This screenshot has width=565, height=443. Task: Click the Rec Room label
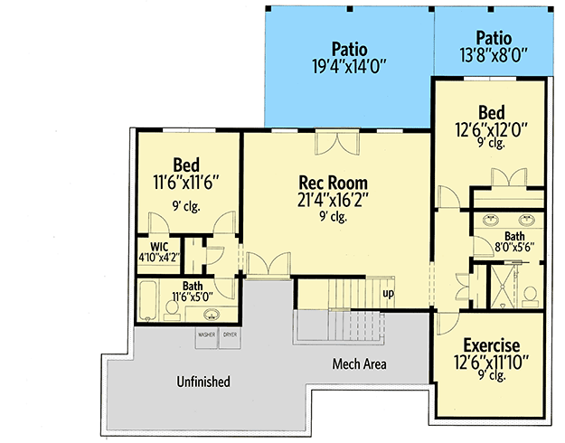tap(334, 183)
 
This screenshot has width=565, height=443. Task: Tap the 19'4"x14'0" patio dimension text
tap(349, 66)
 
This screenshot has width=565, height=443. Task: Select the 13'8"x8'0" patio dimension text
tap(494, 55)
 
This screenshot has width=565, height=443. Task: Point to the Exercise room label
tap(492, 345)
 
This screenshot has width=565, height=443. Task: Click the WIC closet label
tap(159, 247)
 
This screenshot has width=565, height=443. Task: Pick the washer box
tap(206, 338)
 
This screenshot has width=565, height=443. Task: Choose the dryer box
tap(230, 338)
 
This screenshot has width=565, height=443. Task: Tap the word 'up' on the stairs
tap(388, 294)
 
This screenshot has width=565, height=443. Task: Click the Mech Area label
tap(359, 363)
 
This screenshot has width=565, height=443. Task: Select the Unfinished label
tap(203, 382)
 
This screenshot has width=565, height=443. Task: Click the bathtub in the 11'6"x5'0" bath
tap(147, 300)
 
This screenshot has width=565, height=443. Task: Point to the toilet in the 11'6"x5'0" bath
tap(172, 310)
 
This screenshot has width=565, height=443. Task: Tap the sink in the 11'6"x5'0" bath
tap(212, 315)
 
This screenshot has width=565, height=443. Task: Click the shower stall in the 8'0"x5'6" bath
tap(503, 287)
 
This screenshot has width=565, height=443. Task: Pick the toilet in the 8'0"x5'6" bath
tap(531, 297)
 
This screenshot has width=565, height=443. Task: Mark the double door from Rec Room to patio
tap(337, 142)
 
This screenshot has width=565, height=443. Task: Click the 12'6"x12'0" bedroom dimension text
tap(492, 130)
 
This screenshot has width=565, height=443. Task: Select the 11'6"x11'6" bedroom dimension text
tap(186, 182)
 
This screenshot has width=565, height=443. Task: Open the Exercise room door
tap(447, 323)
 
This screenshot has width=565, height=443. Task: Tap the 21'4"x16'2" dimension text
tap(334, 200)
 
